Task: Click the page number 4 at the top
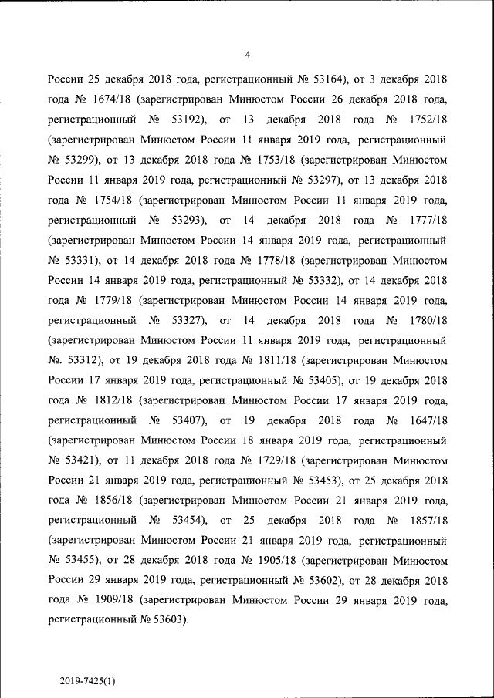point(247,54)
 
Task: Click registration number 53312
point(87,360)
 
